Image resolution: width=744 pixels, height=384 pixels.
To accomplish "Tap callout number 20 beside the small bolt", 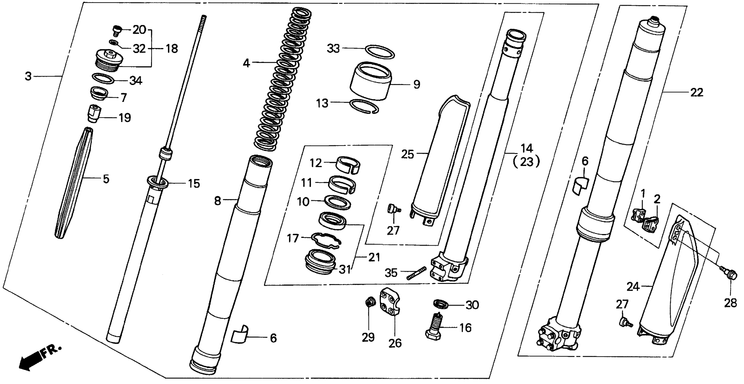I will click(139, 30).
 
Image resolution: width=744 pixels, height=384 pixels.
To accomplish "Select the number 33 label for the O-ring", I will click(333, 49).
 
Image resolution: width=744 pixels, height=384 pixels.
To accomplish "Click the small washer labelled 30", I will click(441, 304).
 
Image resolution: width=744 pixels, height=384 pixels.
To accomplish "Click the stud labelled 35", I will click(416, 273).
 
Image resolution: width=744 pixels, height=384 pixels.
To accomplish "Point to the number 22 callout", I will click(696, 93).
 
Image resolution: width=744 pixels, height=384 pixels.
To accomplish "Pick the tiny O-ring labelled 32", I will click(114, 43).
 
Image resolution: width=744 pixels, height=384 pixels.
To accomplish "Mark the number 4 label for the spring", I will click(246, 63).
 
